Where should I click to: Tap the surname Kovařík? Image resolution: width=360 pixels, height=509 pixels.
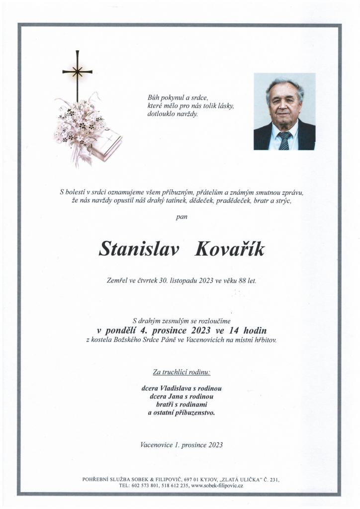[x=229, y=249]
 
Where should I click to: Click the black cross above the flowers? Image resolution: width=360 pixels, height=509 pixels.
[x=77, y=73]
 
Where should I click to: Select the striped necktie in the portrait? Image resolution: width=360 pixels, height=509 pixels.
[x=284, y=141]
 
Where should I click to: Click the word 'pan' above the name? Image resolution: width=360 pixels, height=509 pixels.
[x=181, y=217]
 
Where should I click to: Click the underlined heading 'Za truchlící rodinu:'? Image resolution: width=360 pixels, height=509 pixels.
[x=181, y=372]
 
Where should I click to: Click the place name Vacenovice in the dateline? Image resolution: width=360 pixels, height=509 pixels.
[x=157, y=445]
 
